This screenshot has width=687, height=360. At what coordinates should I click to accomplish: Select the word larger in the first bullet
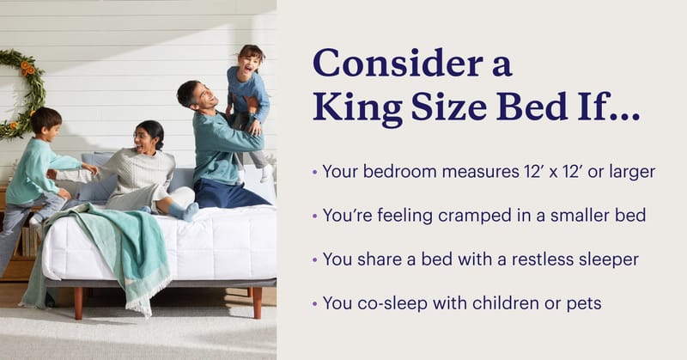pyautogui.click(x=631, y=171)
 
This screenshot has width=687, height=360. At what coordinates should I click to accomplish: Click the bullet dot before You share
pyautogui.click(x=315, y=259)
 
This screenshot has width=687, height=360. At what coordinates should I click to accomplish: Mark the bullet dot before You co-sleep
pyautogui.click(x=315, y=302)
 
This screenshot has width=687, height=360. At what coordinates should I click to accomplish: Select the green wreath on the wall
pyautogui.click(x=21, y=90)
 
